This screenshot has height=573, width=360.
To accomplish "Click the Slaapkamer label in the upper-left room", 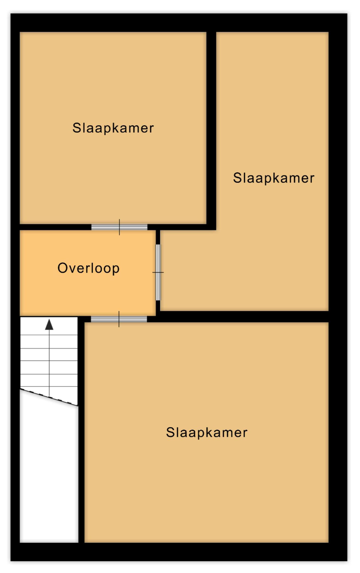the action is (x=113, y=128).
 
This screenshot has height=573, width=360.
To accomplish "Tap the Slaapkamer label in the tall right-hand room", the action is (x=274, y=178).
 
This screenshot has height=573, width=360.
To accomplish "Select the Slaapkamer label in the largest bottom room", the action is (x=207, y=433).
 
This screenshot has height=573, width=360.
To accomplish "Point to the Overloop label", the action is (x=88, y=268).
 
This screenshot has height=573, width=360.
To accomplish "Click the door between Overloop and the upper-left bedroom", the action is (x=120, y=227).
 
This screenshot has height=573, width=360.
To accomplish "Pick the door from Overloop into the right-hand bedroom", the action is (x=158, y=272).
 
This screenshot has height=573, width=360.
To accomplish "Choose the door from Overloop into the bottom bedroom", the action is (x=119, y=319).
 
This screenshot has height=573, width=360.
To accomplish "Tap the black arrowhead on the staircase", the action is (x=49, y=324).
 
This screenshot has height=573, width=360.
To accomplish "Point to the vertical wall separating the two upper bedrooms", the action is (x=211, y=131).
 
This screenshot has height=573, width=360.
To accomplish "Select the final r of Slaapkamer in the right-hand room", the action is (x=312, y=179).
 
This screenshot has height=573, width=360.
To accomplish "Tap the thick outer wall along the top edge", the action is (x=179, y=23).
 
